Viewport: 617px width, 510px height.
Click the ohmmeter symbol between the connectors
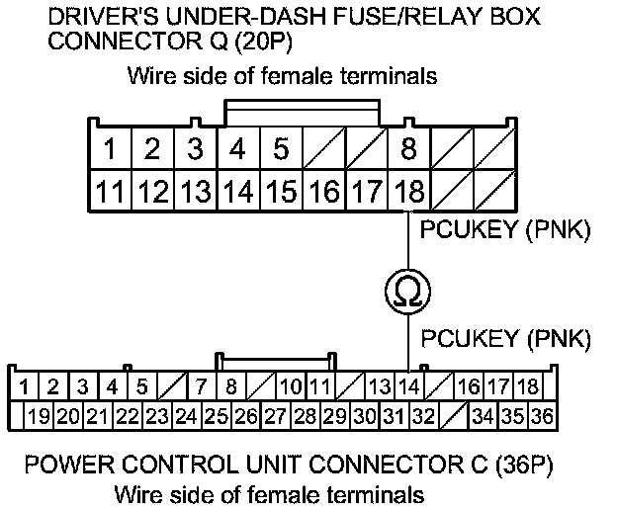click(408, 292)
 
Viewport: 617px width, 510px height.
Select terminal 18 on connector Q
click(409, 191)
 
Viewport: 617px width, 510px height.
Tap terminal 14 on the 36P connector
click(409, 386)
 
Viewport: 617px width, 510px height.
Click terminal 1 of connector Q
click(110, 148)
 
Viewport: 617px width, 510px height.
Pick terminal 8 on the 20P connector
click(409, 148)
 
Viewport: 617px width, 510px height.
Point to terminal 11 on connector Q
click(110, 191)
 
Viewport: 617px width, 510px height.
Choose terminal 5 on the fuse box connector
click(282, 148)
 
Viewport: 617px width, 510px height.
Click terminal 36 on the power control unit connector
click(542, 416)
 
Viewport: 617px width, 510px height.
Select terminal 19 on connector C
click(40, 416)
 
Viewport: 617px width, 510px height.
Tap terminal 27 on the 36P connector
click(276, 416)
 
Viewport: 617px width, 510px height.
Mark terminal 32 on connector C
click(424, 416)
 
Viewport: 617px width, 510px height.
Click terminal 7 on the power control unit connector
click(202, 386)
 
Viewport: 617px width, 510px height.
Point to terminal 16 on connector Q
click(324, 191)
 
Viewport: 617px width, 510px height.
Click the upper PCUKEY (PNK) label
click(505, 229)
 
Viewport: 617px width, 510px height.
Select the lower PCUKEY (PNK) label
click(505, 338)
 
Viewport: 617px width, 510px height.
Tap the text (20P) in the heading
click(264, 41)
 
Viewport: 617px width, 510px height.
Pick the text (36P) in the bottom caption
click(524, 465)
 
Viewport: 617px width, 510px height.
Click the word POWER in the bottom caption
click(69, 465)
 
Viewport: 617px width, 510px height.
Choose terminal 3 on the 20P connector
click(196, 148)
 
